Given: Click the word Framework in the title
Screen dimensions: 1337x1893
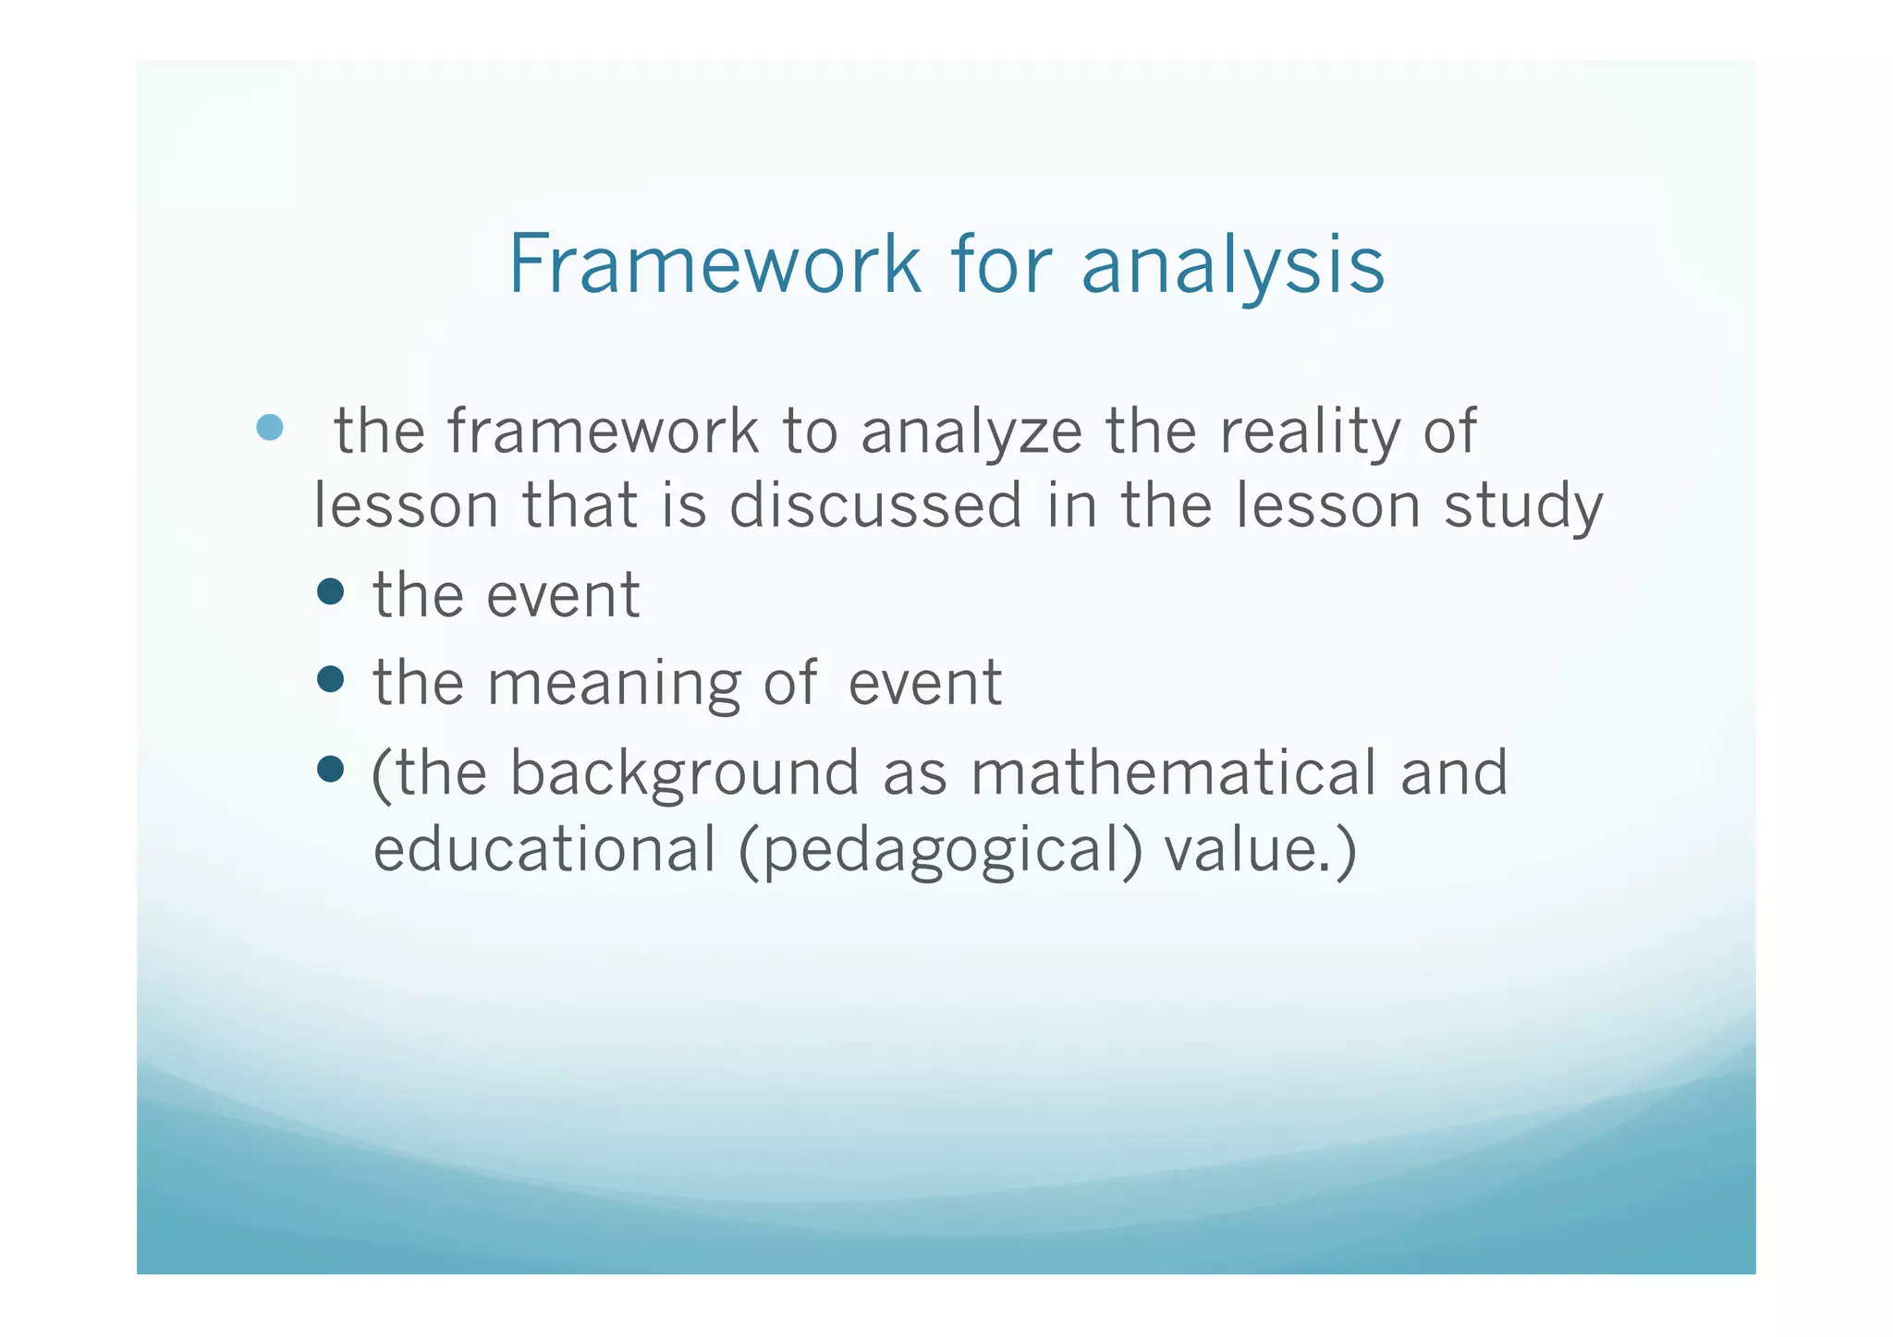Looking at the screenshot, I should (714, 264).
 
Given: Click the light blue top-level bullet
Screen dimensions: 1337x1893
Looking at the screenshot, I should (269, 428).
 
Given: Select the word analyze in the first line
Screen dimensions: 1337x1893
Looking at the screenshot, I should (971, 432).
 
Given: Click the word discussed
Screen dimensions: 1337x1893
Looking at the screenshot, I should (875, 506).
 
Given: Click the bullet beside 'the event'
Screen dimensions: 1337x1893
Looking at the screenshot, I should (330, 591).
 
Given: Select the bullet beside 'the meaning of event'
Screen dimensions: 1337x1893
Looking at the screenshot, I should (330, 680).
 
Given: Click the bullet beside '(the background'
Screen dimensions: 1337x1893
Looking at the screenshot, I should (330, 769).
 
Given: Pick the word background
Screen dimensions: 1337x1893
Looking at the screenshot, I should (684, 774).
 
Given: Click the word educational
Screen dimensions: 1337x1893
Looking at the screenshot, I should (544, 849).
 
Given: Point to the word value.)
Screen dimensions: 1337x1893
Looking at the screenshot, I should (1260, 850).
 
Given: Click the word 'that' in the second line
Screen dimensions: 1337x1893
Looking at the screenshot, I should (580, 506).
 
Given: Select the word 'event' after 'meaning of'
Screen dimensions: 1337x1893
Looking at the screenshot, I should (924, 684).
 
